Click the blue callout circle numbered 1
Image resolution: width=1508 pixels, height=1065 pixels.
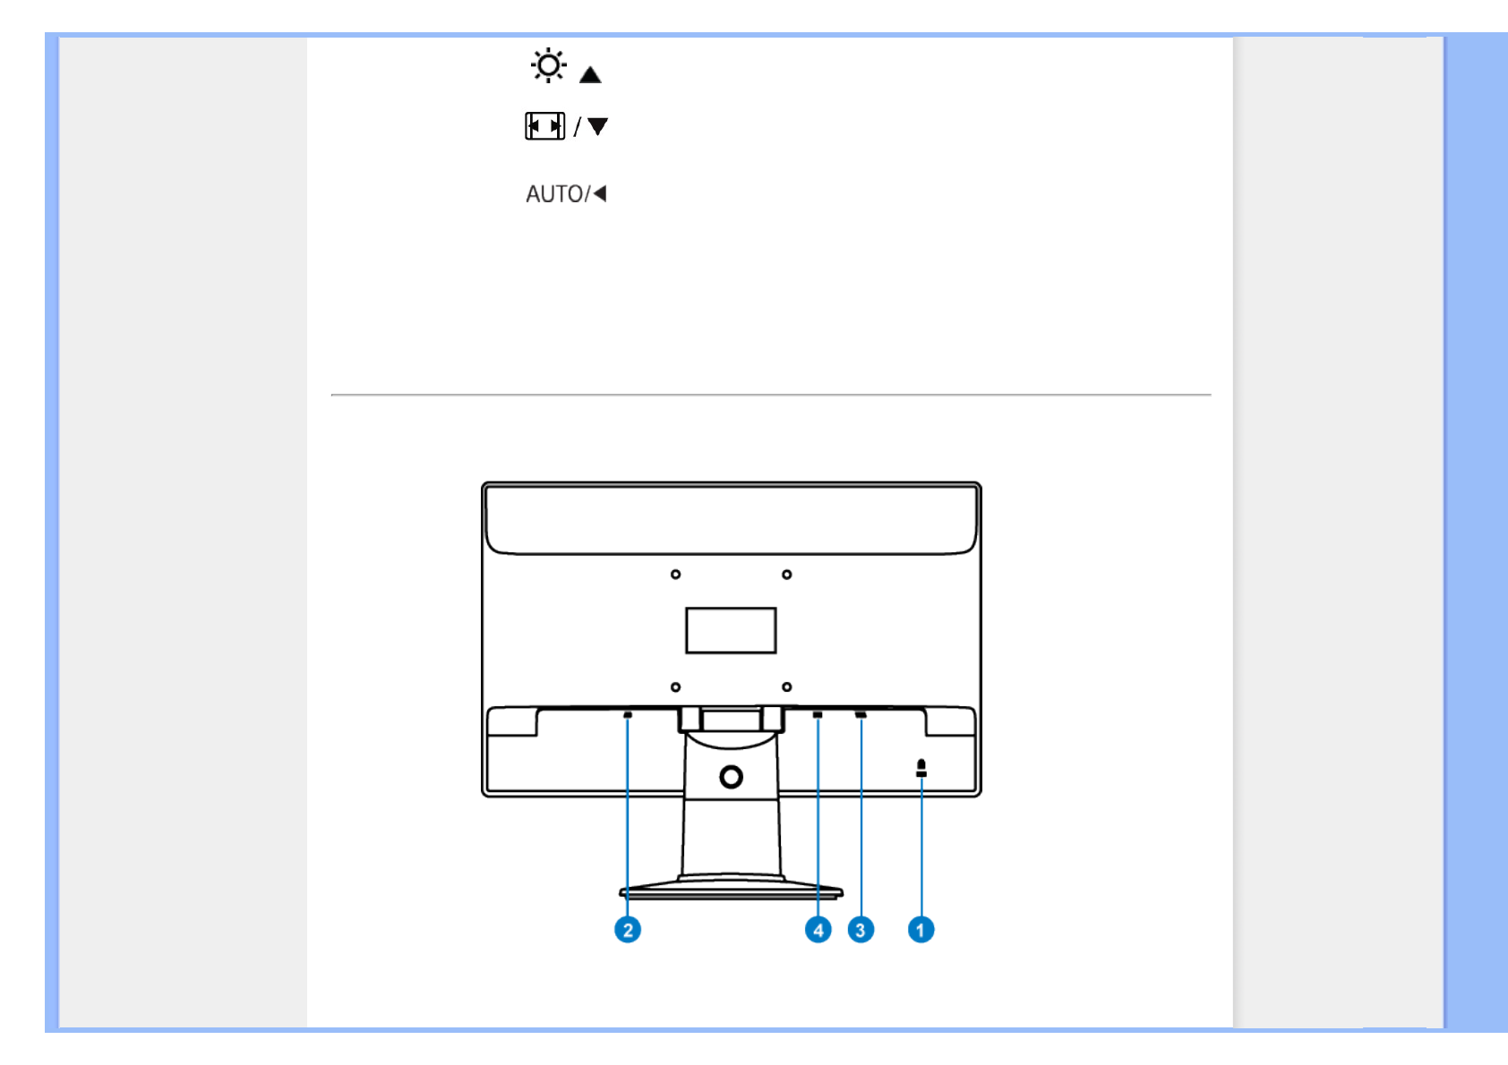921,930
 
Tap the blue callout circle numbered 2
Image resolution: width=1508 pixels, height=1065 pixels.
628,930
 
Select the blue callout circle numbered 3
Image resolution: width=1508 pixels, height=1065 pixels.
861,930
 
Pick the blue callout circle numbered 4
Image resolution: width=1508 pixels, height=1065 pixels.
818,930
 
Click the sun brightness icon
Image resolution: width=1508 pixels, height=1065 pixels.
548,65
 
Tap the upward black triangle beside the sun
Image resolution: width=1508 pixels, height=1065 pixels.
590,74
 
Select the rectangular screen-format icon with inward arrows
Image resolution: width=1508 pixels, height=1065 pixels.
544,126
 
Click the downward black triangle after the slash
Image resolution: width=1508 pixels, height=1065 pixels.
598,126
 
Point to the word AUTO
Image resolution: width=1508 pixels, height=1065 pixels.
554,194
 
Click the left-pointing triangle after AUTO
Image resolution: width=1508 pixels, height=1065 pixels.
600,194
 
